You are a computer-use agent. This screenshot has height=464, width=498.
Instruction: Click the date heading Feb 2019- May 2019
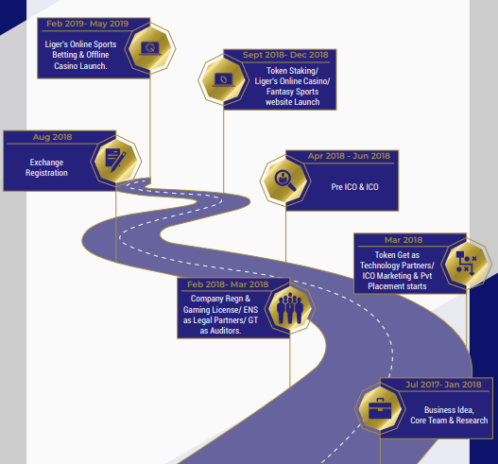coord(87,24)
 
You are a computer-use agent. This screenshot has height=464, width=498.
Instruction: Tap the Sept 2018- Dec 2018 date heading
coord(285,55)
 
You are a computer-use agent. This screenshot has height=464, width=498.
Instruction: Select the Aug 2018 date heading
coord(52,137)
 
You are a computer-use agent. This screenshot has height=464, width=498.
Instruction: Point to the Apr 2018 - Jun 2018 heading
coord(349,156)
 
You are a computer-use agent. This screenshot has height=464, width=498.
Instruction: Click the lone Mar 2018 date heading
coord(404,240)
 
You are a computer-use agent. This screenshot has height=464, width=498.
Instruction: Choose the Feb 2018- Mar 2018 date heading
coord(228,284)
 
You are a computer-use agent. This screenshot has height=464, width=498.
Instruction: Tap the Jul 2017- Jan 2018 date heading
coord(443,385)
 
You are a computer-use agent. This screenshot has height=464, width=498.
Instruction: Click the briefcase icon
coord(380,409)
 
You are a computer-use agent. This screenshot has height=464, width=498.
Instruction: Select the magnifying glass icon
coord(285,180)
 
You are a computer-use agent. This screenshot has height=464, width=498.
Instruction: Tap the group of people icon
coord(290,308)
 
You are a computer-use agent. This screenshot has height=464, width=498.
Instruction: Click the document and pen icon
coord(115,161)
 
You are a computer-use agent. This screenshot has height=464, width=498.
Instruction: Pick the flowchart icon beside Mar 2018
coord(466,264)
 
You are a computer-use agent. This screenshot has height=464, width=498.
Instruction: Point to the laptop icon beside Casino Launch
coord(150,48)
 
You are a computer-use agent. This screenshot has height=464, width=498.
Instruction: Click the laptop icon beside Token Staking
coord(224,80)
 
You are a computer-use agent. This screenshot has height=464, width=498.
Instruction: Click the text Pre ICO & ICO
coord(354,187)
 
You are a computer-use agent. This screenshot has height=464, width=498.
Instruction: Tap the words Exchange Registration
coord(46,167)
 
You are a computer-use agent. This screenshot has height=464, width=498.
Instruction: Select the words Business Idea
coord(449,410)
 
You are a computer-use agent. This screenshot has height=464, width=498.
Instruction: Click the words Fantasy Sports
coord(293,92)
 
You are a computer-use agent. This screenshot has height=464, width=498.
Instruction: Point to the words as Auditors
coord(220,331)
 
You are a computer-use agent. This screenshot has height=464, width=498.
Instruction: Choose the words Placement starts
coord(397,286)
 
